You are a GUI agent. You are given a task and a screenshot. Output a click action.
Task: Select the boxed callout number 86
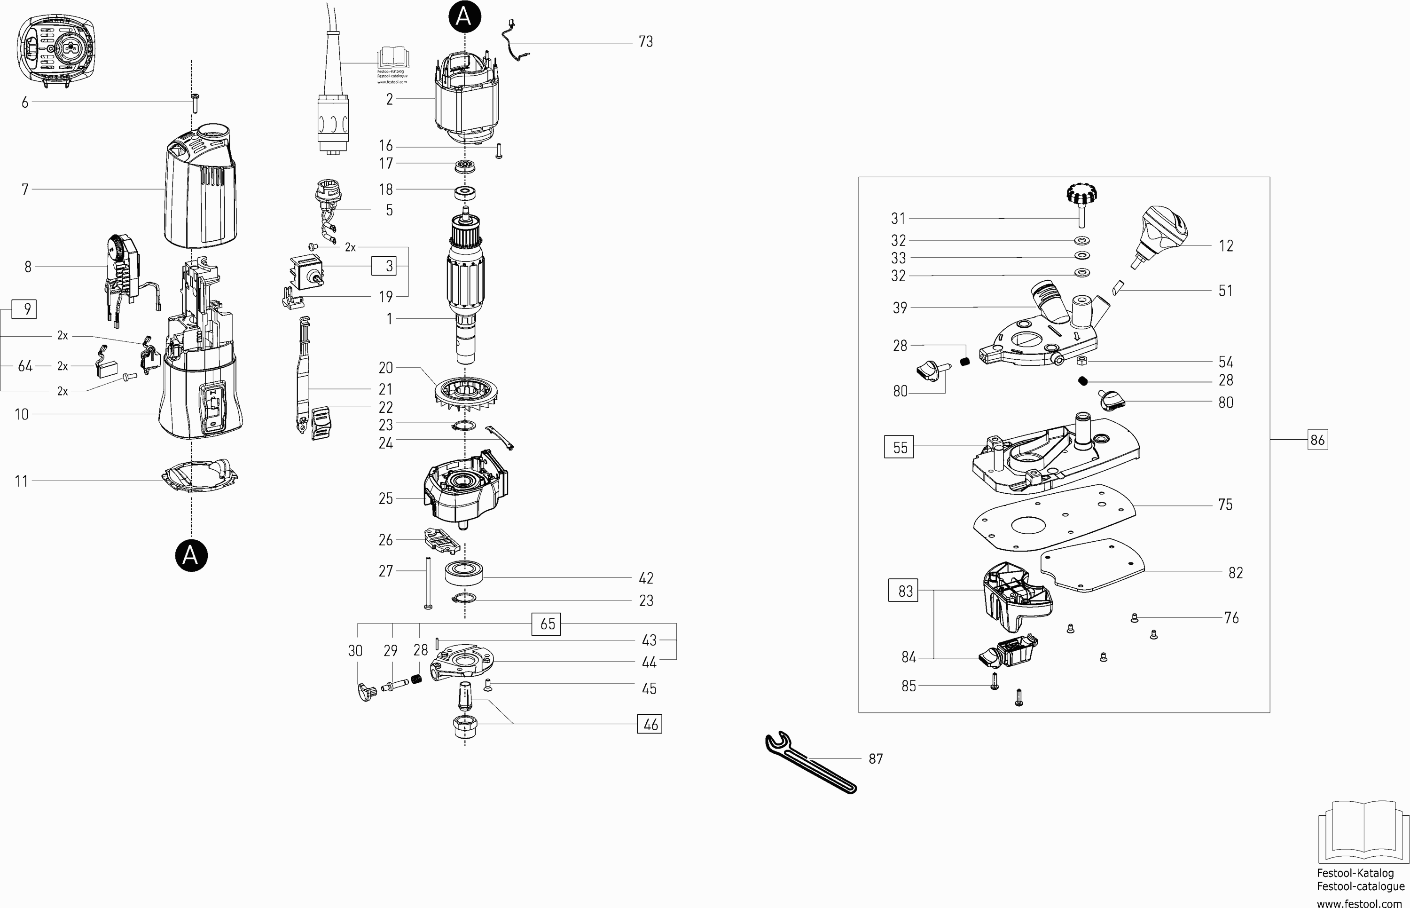click(1317, 440)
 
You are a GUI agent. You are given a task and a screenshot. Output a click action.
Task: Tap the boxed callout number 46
click(650, 724)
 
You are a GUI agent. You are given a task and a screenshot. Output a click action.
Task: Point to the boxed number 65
click(546, 624)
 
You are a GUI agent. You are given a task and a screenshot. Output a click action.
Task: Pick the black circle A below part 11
click(191, 555)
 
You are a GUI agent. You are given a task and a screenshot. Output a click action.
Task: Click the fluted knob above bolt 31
click(1082, 193)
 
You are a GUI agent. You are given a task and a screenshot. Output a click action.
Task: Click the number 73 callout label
click(646, 42)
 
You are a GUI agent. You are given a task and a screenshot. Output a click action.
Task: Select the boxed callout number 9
click(24, 309)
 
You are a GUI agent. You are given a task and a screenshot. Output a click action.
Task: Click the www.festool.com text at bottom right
click(1359, 902)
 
